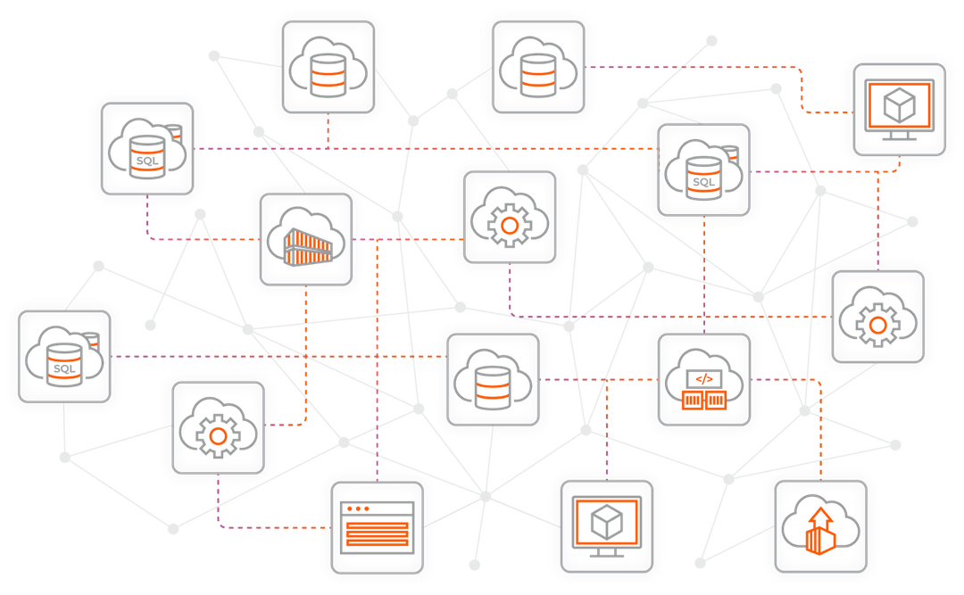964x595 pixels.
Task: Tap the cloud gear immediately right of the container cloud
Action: point(509,222)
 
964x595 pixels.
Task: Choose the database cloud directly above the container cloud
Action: point(327,68)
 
